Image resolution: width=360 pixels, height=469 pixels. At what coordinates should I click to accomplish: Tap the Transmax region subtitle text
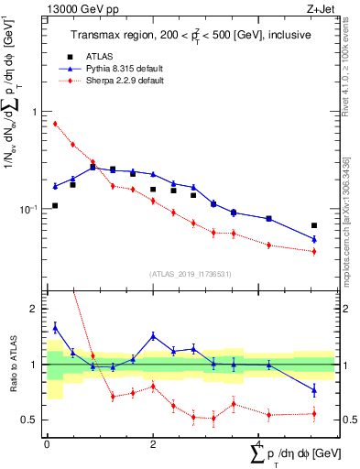pyautogui.click(x=183, y=35)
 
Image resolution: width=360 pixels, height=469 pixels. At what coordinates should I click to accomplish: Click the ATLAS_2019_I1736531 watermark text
pyautogui.click(x=184, y=273)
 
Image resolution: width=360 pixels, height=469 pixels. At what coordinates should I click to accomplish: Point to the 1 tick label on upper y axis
pyautogui.click(x=33, y=112)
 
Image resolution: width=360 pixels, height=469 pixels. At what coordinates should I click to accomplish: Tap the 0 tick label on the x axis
pyautogui.click(x=47, y=444)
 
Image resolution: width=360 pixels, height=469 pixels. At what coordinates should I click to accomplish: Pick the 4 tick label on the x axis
pyautogui.click(x=259, y=444)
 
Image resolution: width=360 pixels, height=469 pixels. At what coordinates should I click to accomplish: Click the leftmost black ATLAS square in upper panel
pyautogui.click(x=55, y=205)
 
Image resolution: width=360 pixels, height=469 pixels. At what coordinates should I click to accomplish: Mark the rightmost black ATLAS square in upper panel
pyautogui.click(x=314, y=225)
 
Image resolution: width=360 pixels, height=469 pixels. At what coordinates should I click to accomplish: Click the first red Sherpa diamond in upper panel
pyautogui.click(x=55, y=124)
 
